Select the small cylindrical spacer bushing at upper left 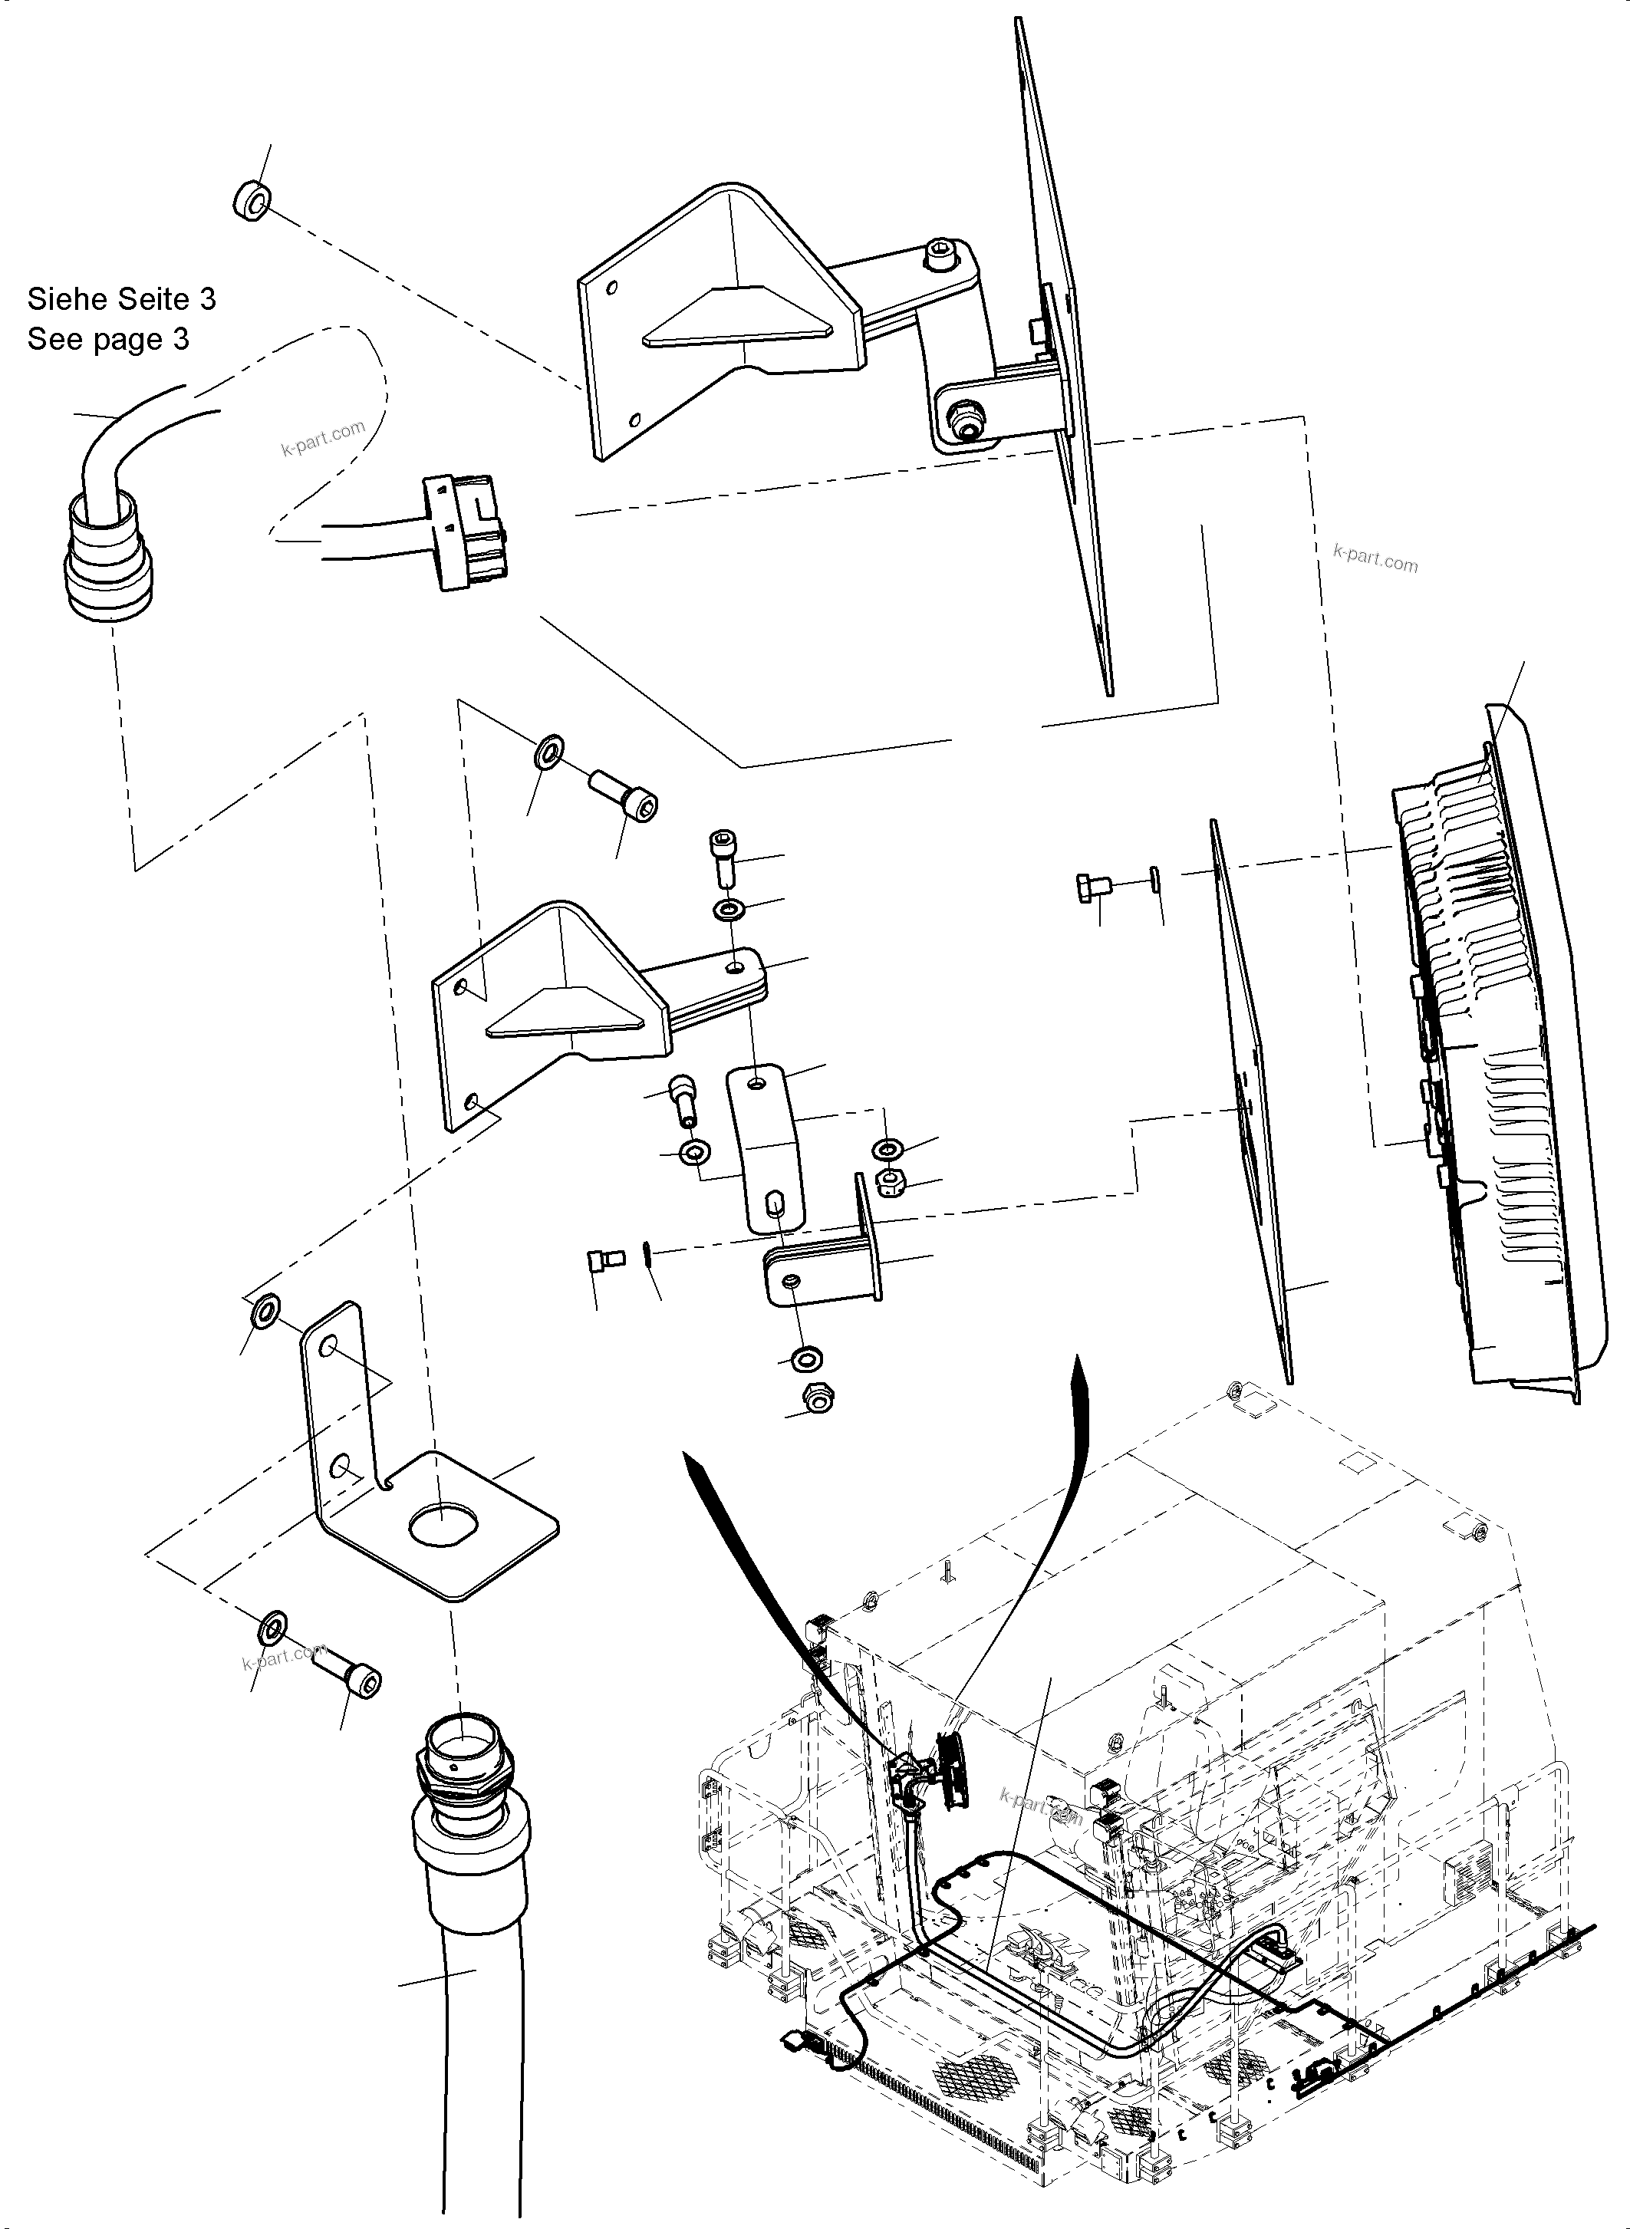click(x=251, y=201)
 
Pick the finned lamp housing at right click(x=1480, y=1046)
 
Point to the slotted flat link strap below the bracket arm click(x=766, y=1150)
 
